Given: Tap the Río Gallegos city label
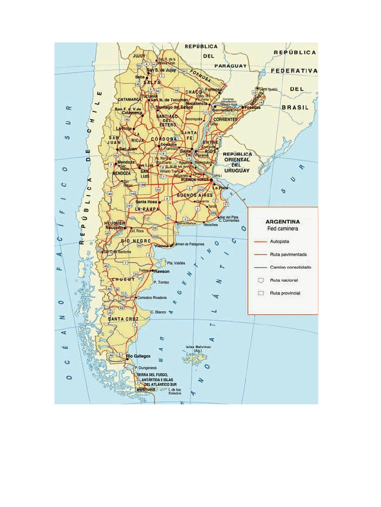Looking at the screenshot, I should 139,356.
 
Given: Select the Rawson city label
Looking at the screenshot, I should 162,271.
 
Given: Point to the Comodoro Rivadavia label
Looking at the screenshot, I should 152,297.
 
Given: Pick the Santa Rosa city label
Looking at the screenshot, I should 147,202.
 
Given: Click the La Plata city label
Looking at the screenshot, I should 220,188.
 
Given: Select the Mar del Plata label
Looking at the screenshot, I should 229,216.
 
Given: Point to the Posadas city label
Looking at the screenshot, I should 252,107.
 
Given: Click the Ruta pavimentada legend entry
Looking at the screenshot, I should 288,254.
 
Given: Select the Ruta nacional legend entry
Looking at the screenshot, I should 284,280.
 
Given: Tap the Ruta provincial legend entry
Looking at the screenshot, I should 285,293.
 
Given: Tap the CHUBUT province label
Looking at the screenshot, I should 123,280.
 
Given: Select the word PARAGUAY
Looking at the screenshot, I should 230,65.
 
